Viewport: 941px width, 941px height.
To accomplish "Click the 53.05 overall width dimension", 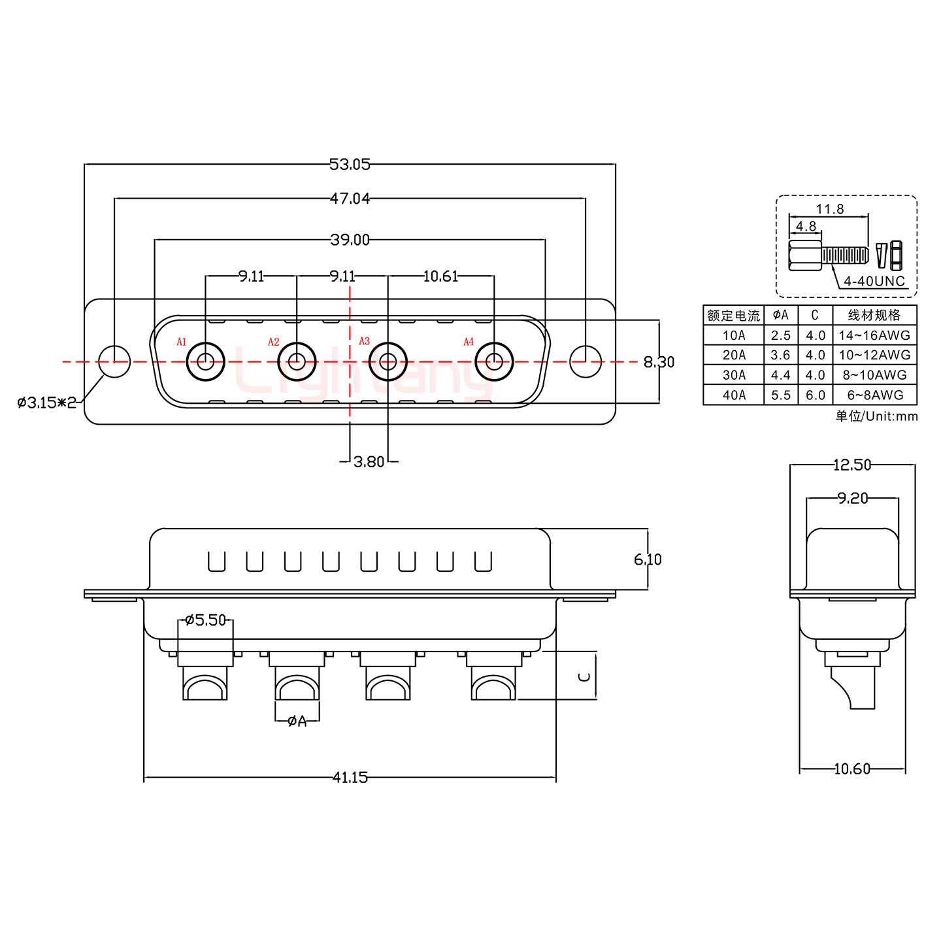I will [350, 164].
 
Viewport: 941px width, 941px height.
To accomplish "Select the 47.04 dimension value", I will [350, 199].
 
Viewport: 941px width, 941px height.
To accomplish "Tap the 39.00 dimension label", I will [350, 240].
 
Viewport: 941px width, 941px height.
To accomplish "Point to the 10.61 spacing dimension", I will [440, 276].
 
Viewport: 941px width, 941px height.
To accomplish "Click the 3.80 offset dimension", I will [369, 462].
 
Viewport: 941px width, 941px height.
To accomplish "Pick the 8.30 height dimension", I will [659, 361].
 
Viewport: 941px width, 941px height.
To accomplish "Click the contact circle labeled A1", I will [206, 361].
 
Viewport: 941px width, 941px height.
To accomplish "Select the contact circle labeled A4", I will [494, 361].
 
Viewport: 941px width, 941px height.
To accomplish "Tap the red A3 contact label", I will [365, 341].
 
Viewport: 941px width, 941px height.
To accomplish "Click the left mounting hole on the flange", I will [114, 361].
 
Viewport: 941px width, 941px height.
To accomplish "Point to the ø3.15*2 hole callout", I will [47, 402].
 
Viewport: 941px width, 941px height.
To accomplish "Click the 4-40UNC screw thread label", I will [874, 282].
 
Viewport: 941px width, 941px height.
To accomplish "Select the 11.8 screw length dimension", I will [830, 209].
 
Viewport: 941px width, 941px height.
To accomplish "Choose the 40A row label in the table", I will [733, 395].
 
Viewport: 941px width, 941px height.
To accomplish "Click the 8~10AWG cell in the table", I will [874, 375].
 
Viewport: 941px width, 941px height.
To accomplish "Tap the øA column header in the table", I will [780, 315].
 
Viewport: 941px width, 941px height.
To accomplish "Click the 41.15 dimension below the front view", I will [350, 777].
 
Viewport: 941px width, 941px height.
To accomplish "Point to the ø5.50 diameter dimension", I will [205, 619].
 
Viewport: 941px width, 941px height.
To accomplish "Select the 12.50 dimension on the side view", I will [852, 465].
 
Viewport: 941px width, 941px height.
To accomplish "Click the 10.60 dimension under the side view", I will [852, 769].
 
